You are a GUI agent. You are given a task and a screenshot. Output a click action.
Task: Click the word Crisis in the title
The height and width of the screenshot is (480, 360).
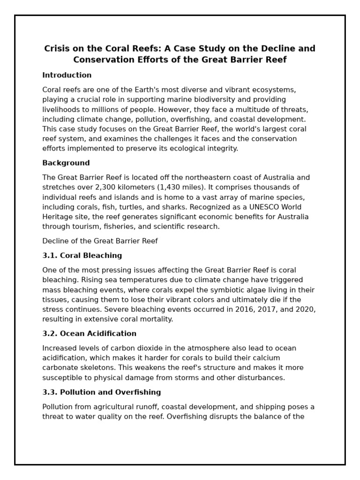57,49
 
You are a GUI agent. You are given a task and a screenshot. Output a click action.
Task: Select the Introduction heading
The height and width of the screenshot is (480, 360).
67,75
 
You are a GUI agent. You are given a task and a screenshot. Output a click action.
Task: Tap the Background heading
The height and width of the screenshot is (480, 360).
66,163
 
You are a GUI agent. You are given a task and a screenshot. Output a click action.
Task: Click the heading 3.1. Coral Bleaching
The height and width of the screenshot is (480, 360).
82,255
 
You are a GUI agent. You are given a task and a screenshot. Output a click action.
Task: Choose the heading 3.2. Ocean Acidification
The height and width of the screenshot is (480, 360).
89,334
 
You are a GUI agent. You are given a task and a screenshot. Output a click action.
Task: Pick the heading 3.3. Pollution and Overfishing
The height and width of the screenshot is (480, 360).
101,392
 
